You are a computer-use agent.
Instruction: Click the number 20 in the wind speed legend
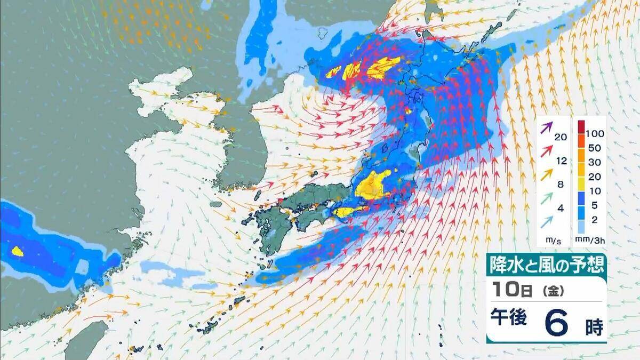[x=561, y=137]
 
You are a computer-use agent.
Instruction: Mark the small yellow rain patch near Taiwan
[x=17, y=251]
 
